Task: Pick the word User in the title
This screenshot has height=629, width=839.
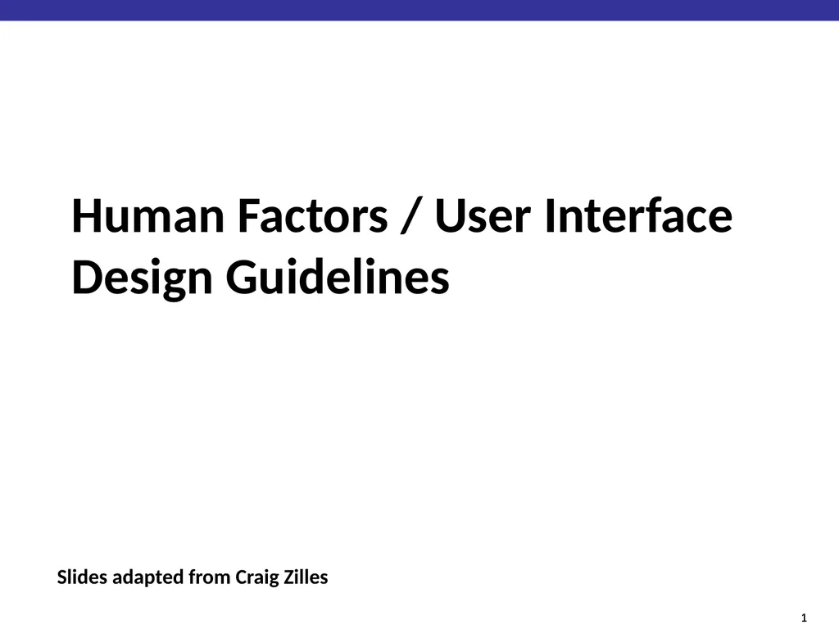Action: click(x=483, y=216)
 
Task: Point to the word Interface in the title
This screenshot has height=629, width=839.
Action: click(x=638, y=216)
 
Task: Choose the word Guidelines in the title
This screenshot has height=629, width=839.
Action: click(x=338, y=278)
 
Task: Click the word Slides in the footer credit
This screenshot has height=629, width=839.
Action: click(x=81, y=577)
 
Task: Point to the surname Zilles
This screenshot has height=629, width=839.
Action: click(x=306, y=577)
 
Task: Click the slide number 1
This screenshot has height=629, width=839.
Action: click(x=804, y=617)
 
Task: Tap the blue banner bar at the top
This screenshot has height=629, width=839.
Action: click(x=419, y=10)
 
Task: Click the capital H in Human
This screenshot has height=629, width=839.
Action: click(x=88, y=216)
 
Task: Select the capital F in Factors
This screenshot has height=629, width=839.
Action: click(x=248, y=216)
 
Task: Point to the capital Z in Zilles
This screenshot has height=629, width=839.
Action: click(x=291, y=577)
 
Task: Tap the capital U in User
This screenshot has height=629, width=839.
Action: click(x=451, y=216)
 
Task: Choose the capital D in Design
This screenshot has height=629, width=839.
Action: click(x=88, y=278)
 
